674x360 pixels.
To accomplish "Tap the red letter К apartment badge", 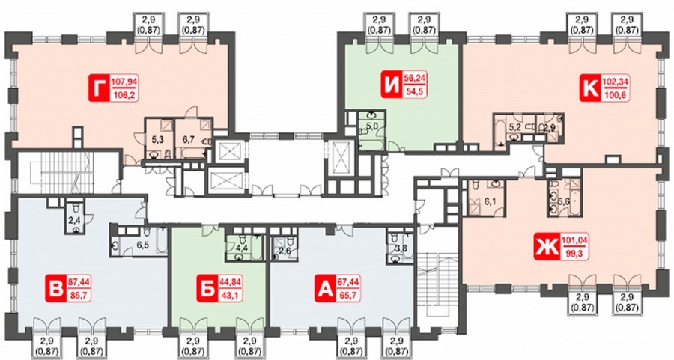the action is (x=590, y=88).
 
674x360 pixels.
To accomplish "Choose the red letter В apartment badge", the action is (x=56, y=289).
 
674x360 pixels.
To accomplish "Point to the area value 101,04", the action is (x=574, y=241).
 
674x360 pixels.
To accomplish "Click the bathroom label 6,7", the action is (x=189, y=138).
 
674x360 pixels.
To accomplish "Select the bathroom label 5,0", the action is (x=371, y=126).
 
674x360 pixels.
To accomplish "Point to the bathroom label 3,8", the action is (x=401, y=247).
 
